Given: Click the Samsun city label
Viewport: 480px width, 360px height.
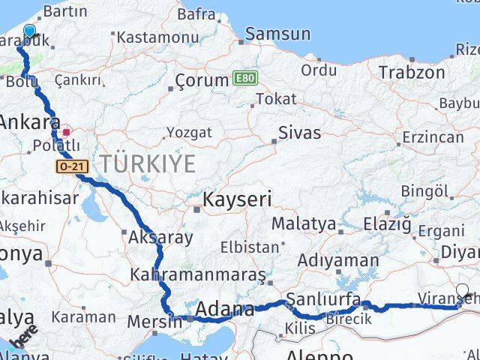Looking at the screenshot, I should [x=277, y=34].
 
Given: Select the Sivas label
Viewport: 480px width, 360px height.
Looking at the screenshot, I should [x=299, y=133].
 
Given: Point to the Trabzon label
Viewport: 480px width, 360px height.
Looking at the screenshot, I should [x=412, y=73].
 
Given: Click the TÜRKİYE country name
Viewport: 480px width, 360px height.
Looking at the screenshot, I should [x=148, y=163].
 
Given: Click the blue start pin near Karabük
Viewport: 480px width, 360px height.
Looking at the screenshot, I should [x=29, y=31].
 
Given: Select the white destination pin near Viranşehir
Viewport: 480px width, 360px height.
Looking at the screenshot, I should [x=462, y=292].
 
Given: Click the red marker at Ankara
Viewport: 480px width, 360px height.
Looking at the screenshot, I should [x=66, y=132].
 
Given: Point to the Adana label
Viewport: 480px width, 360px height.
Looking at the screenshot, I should [x=224, y=309].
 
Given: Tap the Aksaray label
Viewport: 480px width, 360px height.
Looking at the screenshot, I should [x=160, y=238].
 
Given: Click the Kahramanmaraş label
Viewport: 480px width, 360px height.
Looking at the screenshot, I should [x=199, y=274].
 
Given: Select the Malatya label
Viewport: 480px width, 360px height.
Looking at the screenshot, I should [x=304, y=223].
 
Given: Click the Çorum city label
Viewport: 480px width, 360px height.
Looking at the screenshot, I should [x=201, y=80].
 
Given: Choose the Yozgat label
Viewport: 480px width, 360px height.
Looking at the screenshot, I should [x=189, y=133].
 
